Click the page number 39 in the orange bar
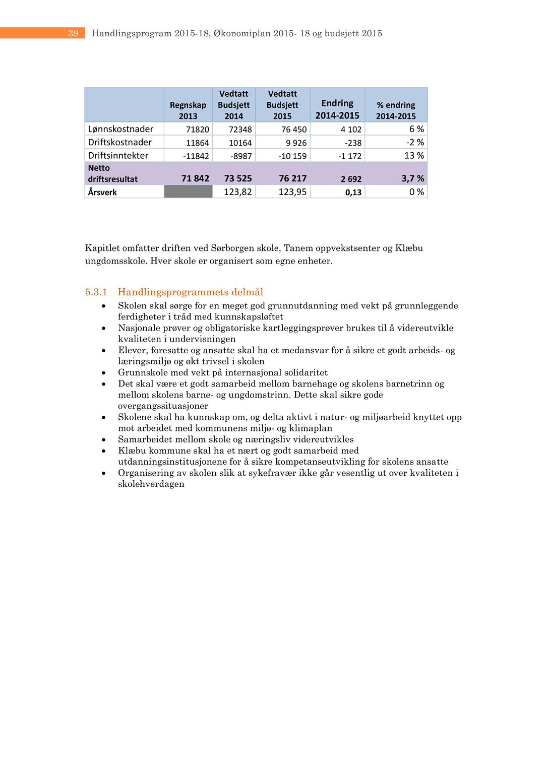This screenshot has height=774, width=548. click(x=74, y=33)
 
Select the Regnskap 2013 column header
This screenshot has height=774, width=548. click(x=188, y=110)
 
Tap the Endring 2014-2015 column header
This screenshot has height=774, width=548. click(x=337, y=109)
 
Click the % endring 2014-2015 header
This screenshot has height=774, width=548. click(x=396, y=110)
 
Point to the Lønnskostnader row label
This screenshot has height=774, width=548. click(x=120, y=129)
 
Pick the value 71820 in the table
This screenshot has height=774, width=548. click(x=198, y=130)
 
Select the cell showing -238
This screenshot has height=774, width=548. click(x=353, y=143)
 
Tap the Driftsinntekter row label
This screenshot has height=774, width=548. click(x=118, y=156)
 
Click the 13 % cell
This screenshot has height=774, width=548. click(x=414, y=156)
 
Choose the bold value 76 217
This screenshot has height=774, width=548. click(x=292, y=178)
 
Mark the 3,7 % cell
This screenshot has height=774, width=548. click(x=412, y=178)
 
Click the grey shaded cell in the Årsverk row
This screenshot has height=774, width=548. click(x=188, y=191)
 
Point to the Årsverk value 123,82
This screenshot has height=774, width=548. click(x=237, y=192)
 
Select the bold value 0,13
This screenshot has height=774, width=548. click(x=353, y=192)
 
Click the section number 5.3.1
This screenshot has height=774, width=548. click(x=96, y=292)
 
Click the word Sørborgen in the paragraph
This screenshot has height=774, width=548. click(x=232, y=248)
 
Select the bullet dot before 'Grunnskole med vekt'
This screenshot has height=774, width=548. click(x=103, y=373)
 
